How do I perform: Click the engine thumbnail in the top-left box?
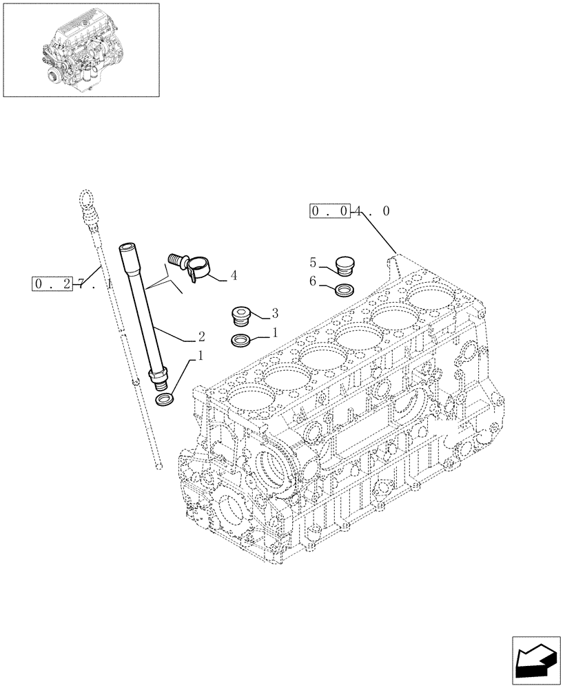pyautogui.click(x=81, y=50)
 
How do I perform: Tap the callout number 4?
pyautogui.click(x=234, y=276)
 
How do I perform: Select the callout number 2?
pyautogui.click(x=201, y=337)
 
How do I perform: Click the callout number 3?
pyautogui.click(x=274, y=314)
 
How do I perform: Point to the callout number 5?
pyautogui.click(x=313, y=262)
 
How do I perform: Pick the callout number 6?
pyautogui.click(x=313, y=281)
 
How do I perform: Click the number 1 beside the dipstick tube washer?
pyautogui.click(x=201, y=356)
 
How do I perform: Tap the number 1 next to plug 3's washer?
pyautogui.click(x=274, y=333)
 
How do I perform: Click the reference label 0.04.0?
pyautogui.click(x=350, y=211)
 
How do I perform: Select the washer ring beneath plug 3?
pyautogui.click(x=241, y=339)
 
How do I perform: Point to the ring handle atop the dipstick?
pyautogui.click(x=85, y=200)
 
